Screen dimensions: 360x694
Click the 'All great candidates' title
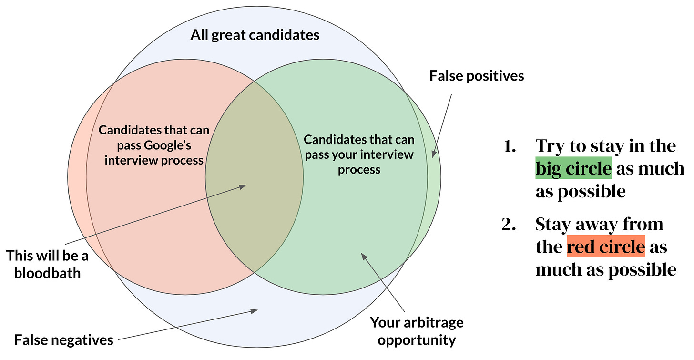(255, 35)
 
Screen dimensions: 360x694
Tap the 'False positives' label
(477, 75)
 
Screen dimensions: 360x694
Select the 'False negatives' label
(64, 340)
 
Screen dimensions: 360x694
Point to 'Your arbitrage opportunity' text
(417, 331)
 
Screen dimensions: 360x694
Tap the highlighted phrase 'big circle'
(573, 168)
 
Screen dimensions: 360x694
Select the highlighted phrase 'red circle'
(605, 247)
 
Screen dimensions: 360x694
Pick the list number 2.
(509, 224)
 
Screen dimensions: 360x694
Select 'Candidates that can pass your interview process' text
(359, 154)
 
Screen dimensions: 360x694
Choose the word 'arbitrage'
(431, 323)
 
